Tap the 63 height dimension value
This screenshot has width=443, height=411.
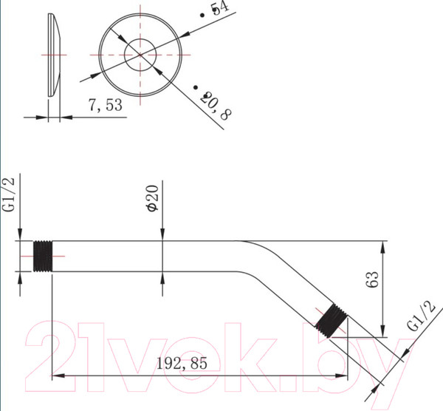click(371, 279)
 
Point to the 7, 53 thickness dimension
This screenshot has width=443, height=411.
click(105, 106)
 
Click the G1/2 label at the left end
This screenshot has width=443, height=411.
click(10, 194)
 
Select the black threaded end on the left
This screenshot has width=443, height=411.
click(44, 257)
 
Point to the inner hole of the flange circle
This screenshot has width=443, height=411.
click(140, 53)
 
